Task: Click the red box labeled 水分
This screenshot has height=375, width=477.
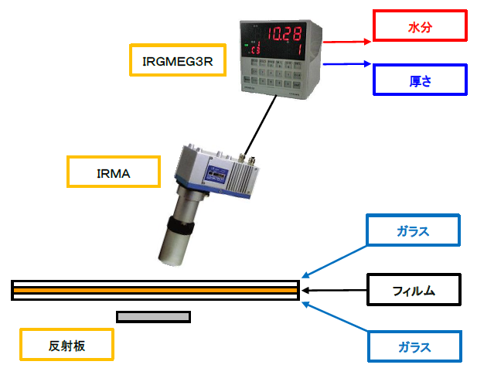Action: pyautogui.click(x=420, y=26)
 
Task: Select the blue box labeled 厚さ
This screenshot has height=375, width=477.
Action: pyautogui.click(x=420, y=80)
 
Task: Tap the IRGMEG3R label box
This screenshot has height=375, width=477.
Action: pyautogui.click(x=178, y=60)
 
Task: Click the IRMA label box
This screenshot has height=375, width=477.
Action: pyautogui.click(x=114, y=172)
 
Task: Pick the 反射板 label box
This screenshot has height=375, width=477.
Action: pyautogui.click(x=66, y=345)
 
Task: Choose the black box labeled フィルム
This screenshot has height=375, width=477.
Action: pyautogui.click(x=414, y=291)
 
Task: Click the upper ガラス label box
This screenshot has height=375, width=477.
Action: pyautogui.click(x=414, y=230)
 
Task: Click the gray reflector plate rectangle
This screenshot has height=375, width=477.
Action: pyautogui.click(x=153, y=316)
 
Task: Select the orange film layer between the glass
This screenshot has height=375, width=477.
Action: pyautogui.click(x=155, y=290)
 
